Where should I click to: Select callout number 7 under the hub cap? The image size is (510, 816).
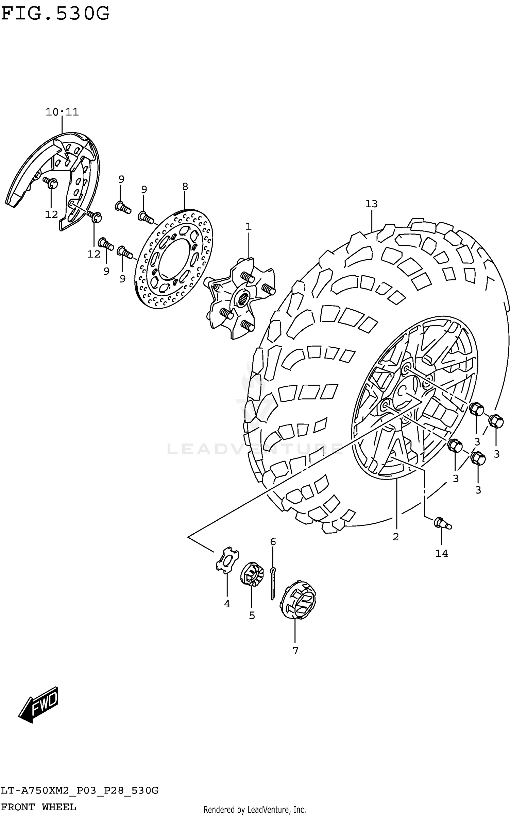pyautogui.click(x=295, y=650)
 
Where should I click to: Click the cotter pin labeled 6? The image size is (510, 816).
pyautogui.click(x=273, y=583)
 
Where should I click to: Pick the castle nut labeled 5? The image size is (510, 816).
pyautogui.click(x=252, y=573)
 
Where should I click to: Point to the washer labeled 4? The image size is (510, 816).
pyautogui.click(x=227, y=561)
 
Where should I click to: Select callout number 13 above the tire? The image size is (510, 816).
pyautogui.click(x=371, y=204)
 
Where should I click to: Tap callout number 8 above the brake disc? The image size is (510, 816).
pyautogui.click(x=185, y=187)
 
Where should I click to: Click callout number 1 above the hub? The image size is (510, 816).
pyautogui.click(x=249, y=227)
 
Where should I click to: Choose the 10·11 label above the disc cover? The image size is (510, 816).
pyautogui.click(x=62, y=112)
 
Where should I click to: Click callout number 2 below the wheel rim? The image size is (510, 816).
pyautogui.click(x=395, y=537)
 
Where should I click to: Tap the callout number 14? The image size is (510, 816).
pyautogui.click(x=442, y=554)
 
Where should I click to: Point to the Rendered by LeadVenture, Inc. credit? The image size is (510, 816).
pyautogui.click(x=255, y=810)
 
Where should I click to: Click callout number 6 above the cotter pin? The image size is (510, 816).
pyautogui.click(x=273, y=542)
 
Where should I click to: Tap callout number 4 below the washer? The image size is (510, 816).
pyautogui.click(x=227, y=604)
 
